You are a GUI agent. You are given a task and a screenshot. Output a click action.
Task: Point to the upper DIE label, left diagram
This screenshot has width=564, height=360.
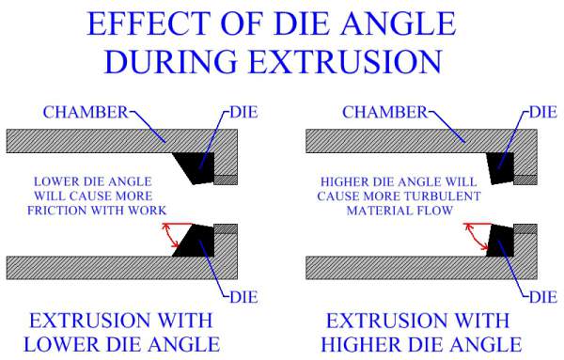click(243, 113)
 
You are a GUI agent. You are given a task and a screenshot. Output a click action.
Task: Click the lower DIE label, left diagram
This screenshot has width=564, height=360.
click(243, 295)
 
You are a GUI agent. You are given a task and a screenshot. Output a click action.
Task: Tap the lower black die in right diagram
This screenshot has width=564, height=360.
click(500, 240)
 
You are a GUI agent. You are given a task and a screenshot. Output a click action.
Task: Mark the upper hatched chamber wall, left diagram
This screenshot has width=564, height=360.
click(94, 141)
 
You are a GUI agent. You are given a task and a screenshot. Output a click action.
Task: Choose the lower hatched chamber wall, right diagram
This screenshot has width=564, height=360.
click(395, 266)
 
